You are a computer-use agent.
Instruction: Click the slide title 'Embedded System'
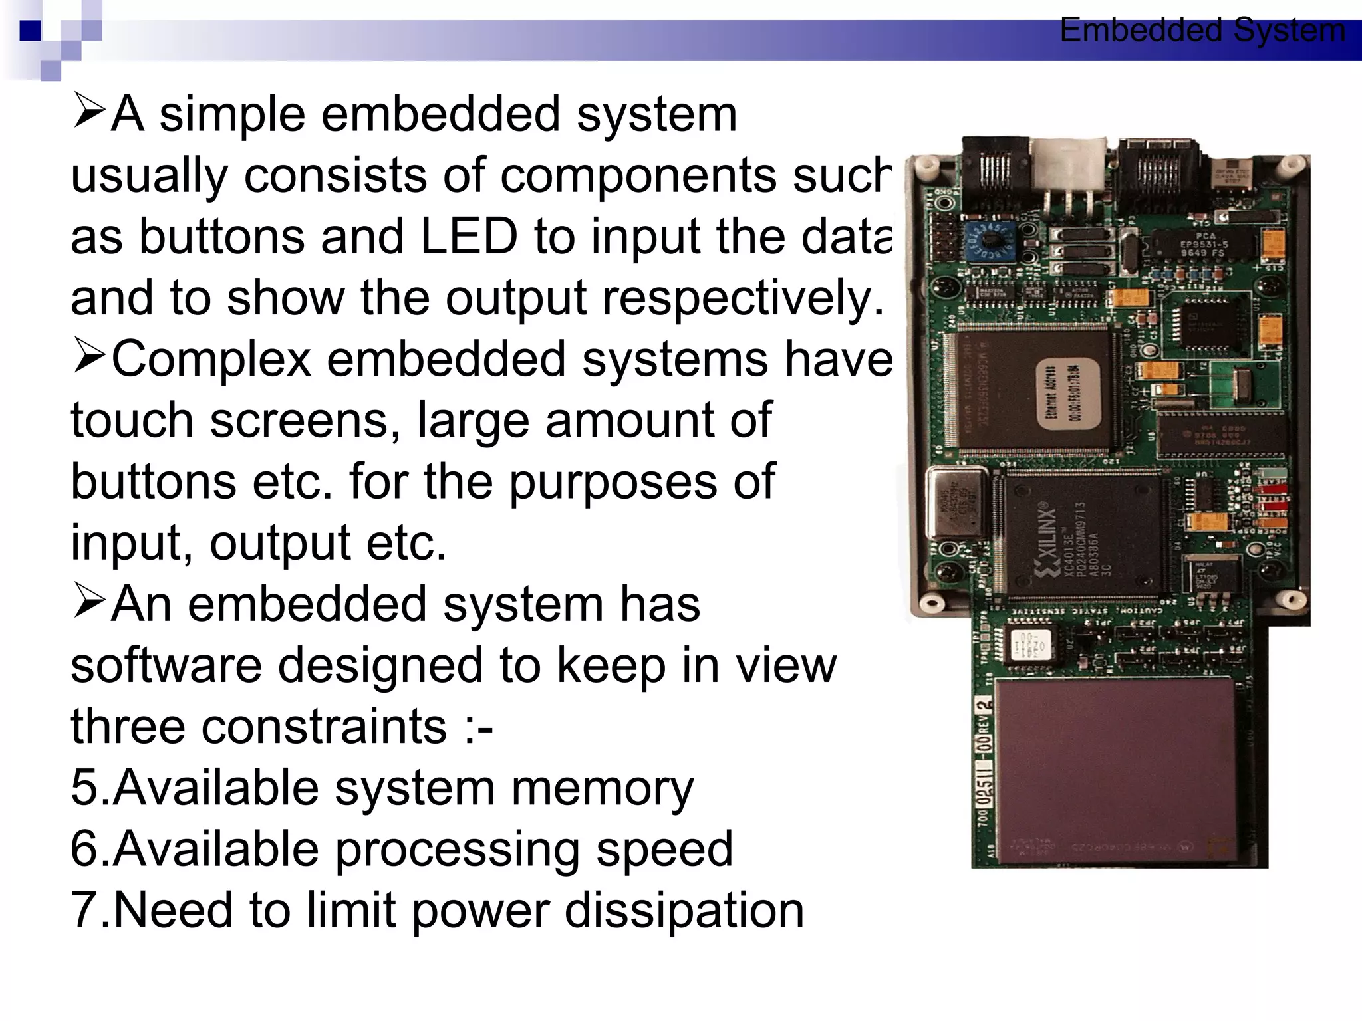[1202, 31]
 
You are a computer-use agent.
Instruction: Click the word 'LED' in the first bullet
[469, 237]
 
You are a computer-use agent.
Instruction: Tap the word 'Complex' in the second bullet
[211, 360]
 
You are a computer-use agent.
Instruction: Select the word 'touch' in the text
[132, 421]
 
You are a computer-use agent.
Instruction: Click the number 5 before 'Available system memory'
[86, 788]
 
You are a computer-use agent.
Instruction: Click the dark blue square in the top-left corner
[29, 31]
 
